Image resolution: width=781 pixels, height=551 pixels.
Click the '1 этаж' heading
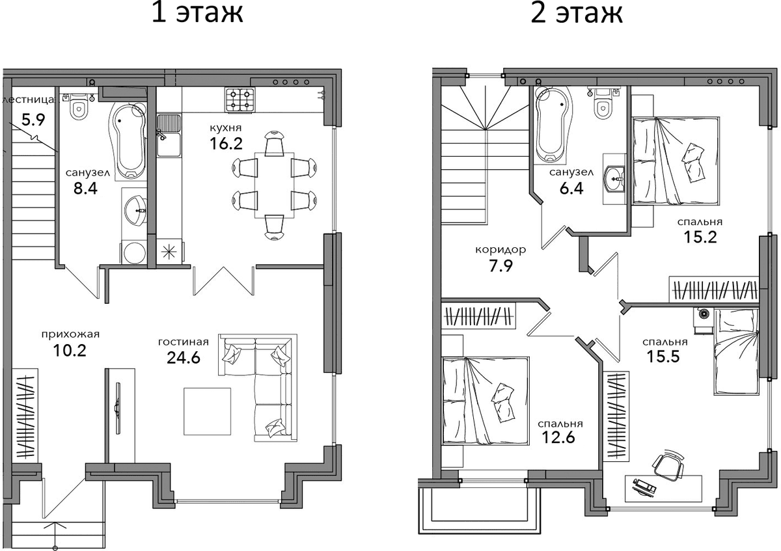coord(197,13)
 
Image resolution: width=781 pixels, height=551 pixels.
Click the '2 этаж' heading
coord(577,13)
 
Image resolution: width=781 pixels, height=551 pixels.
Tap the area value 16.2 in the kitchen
coord(226,143)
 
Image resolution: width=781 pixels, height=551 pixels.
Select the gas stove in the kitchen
coord(240,100)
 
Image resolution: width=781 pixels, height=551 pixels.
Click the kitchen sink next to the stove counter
coord(169,135)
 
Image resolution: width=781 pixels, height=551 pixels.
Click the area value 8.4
coord(85,189)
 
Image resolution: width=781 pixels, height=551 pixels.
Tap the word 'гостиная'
coord(184,342)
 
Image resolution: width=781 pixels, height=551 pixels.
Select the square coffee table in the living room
coord(208,411)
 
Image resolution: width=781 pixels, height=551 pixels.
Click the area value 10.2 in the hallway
coord(70,350)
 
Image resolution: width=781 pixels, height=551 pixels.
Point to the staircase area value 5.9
coord(33,120)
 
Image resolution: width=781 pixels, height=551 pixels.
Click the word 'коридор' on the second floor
coord(500,250)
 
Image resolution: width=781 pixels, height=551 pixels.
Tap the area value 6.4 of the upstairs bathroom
coord(571,189)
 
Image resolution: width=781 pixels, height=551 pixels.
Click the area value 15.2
coord(700,237)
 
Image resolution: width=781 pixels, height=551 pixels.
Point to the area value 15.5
coord(663,356)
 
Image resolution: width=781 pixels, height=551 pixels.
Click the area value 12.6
coord(558,437)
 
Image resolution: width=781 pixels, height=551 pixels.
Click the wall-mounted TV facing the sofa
coord(118,408)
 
